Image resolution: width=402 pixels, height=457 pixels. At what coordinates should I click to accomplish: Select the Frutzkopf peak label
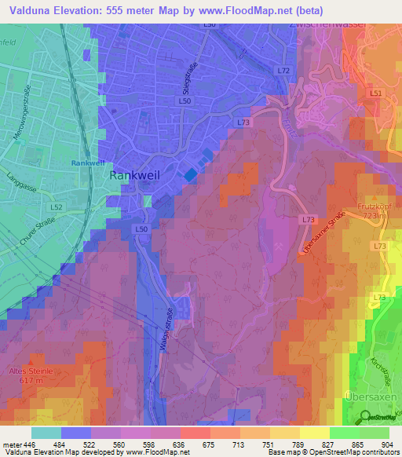374,206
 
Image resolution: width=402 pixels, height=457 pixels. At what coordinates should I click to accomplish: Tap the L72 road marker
283,71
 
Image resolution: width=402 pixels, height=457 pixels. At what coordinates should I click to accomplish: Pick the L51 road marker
375,93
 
